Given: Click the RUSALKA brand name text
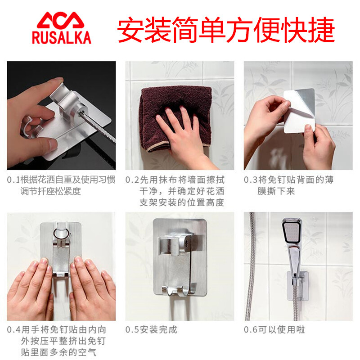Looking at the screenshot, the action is (x=62, y=37).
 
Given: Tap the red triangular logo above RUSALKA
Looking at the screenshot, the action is (x=61, y=20).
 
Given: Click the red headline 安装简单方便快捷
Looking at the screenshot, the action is (x=226, y=30).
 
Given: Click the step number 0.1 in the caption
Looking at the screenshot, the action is (x=13, y=180).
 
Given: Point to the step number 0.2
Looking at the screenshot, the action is (x=132, y=180).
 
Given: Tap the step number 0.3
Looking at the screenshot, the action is (x=251, y=180).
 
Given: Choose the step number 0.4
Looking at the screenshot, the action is (x=14, y=330).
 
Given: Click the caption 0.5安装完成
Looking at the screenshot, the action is (x=151, y=330).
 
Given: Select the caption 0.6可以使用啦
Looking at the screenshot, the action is (x=274, y=330).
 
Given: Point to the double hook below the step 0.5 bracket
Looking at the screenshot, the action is (x=179, y=291).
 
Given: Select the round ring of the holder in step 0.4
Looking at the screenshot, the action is (x=61, y=233).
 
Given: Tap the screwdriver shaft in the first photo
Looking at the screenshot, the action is (x=99, y=127).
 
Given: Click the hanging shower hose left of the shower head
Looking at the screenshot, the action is (x=251, y=266).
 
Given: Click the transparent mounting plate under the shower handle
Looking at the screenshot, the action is (x=298, y=286).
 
